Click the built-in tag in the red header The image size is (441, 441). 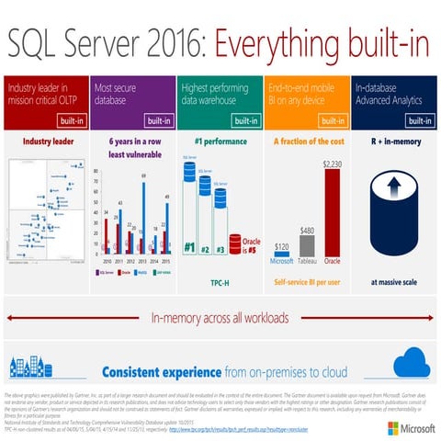pyautogui.click(x=71, y=119)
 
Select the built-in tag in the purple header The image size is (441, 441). pyautogui.click(x=157, y=119)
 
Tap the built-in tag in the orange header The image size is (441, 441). pyautogui.click(x=331, y=119)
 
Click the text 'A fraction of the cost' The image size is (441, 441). pyautogui.click(x=306, y=141)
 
